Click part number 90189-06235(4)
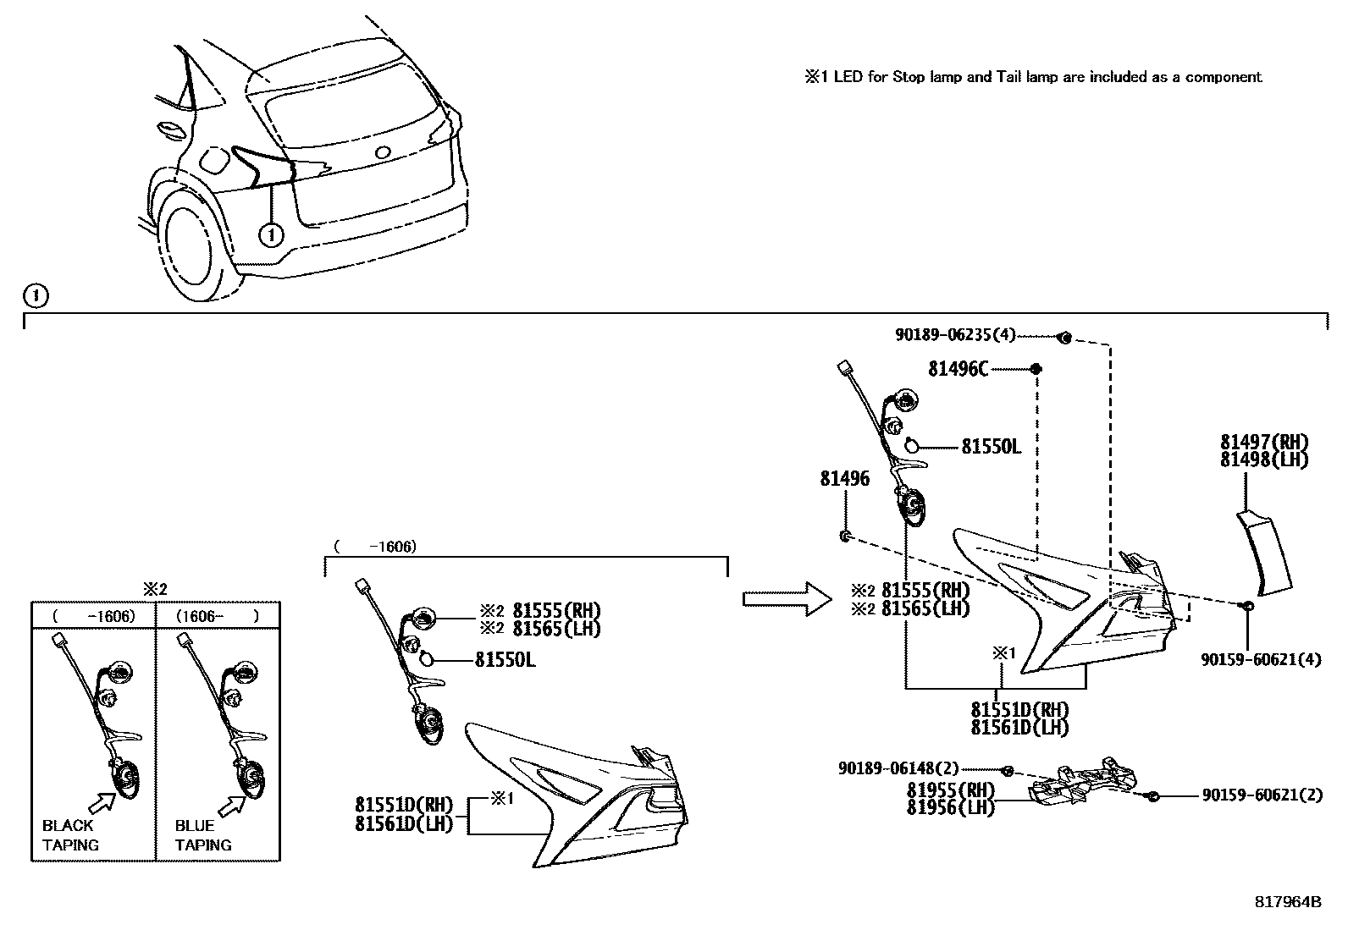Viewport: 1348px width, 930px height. (954, 334)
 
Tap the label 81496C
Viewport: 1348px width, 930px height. (958, 369)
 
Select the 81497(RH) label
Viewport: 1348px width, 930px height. (1264, 442)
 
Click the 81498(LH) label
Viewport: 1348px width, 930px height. (1264, 459)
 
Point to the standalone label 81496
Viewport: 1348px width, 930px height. (844, 479)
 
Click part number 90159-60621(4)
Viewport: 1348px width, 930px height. (1261, 659)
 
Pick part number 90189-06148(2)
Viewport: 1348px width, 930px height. (898, 768)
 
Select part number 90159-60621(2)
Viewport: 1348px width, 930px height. (1261, 795)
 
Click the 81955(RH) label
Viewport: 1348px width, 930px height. (950, 790)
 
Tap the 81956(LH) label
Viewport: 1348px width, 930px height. (950, 807)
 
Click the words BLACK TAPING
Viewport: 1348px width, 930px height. (70, 835)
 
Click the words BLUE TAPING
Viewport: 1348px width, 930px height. (203, 835)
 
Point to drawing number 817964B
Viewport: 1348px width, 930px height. (1287, 902)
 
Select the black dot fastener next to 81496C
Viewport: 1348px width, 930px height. (1036, 369)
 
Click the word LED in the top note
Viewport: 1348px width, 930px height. (848, 77)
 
